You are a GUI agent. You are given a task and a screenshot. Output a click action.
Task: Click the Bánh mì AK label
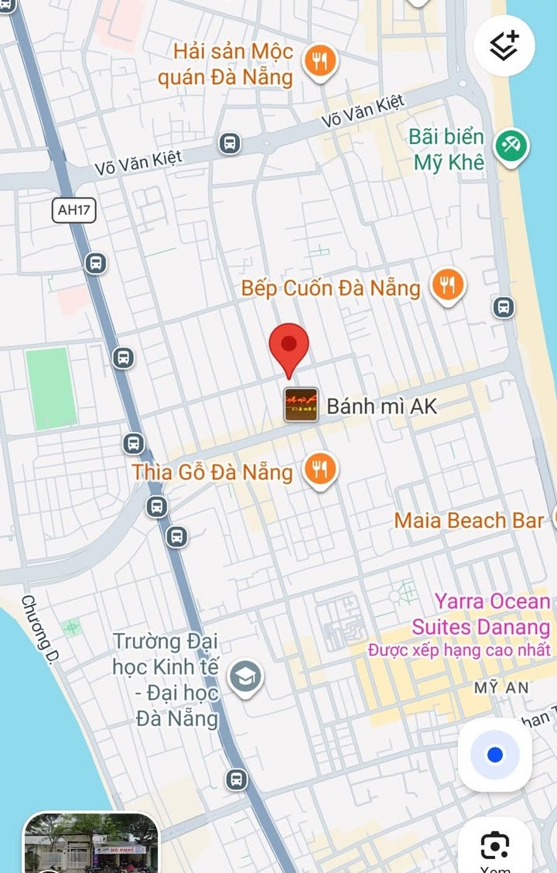coord(381,406)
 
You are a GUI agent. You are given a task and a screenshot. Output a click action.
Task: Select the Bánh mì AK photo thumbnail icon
coord(301,404)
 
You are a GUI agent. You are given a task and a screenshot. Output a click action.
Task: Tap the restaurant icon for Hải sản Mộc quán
coord(318,61)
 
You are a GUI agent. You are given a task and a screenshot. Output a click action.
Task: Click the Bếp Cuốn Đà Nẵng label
coord(330,288)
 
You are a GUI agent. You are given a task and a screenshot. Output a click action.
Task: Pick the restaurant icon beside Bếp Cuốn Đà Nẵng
coord(447,286)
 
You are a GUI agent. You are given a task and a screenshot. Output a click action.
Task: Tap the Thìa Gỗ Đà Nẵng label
coord(212,471)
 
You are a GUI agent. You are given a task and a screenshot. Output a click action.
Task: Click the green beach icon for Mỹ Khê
coord(511,145)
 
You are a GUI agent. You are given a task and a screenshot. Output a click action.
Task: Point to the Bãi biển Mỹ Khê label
coord(447,149)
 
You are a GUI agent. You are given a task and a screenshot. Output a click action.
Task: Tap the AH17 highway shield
coord(74,210)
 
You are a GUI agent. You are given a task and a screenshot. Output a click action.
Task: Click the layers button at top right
coord(504,46)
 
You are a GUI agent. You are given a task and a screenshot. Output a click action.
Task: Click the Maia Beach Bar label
coord(469,520)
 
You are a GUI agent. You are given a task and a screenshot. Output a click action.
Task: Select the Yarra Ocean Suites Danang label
coord(480,614)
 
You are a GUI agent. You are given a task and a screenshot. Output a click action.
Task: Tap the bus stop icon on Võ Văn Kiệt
coord(229,143)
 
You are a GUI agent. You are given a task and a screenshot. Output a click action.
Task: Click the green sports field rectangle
coord(51,388)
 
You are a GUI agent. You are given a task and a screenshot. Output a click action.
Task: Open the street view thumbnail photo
coord(91,843)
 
